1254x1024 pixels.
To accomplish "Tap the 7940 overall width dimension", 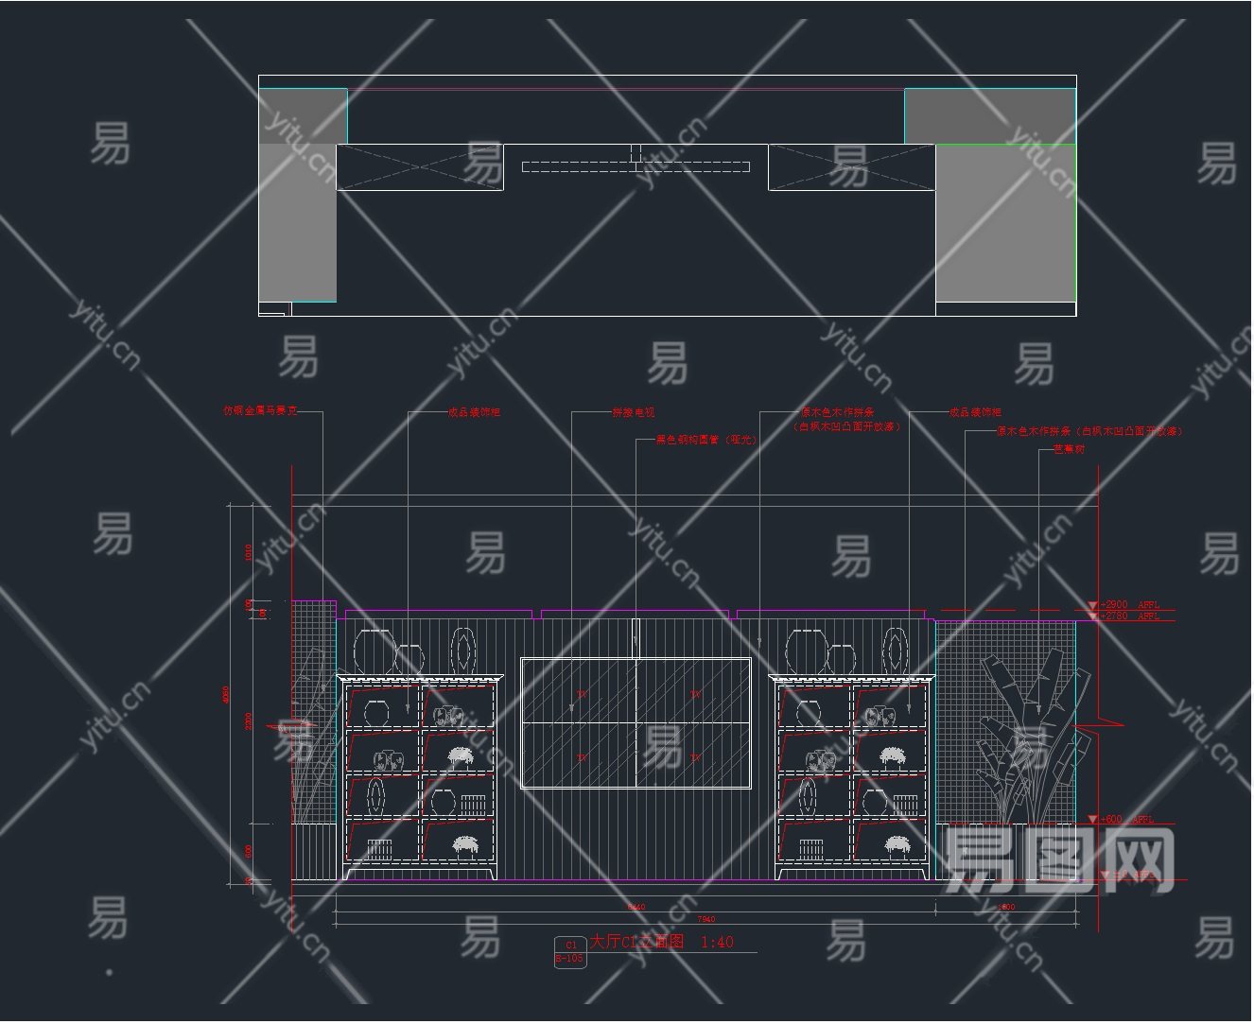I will [x=705, y=919].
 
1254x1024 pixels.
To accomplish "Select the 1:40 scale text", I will [x=716, y=942].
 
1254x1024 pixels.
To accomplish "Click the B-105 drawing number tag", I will [x=569, y=959].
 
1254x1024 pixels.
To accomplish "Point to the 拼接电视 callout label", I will [x=633, y=412].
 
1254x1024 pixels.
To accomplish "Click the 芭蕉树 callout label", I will [x=1069, y=449].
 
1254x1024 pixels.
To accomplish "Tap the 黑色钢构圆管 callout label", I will [x=705, y=440].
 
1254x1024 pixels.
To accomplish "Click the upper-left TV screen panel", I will [x=578, y=690].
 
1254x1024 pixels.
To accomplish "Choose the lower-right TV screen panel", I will [x=693, y=755].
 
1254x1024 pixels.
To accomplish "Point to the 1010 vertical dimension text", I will [x=249, y=552].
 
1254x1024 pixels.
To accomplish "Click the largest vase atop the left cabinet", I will [x=374, y=651].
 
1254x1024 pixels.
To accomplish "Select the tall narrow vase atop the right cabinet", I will [x=896, y=651].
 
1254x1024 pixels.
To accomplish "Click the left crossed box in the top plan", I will [x=420, y=167].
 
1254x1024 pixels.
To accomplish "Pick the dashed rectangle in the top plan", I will [x=636, y=167].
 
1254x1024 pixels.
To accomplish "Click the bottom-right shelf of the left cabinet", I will [x=458, y=841].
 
